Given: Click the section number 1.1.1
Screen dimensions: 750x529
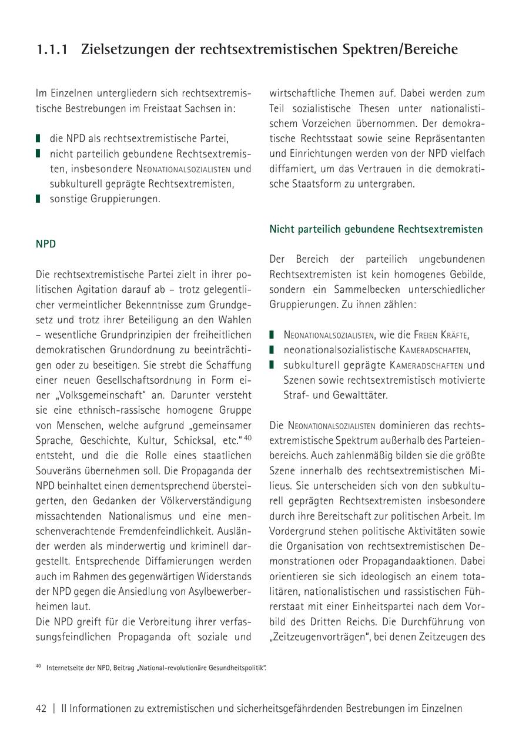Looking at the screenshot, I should [51, 50].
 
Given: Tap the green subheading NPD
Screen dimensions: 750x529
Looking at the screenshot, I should [46, 243].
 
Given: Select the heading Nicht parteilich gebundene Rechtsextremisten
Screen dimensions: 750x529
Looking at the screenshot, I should [376, 229].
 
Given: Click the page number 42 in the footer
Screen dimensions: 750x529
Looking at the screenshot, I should [41, 708].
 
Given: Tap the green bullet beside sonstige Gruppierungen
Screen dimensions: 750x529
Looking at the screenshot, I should [38, 199].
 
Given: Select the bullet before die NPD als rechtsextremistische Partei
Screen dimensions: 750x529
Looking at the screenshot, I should [38, 139].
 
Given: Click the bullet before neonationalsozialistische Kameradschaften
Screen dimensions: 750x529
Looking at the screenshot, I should [272, 350].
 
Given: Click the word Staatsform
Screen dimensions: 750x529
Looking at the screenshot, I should [318, 183].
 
